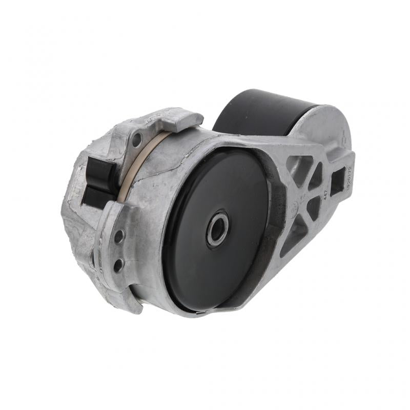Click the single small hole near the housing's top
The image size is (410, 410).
coord(137,137)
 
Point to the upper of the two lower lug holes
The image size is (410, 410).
coord(119,236)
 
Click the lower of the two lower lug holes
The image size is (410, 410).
coord(117,264)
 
